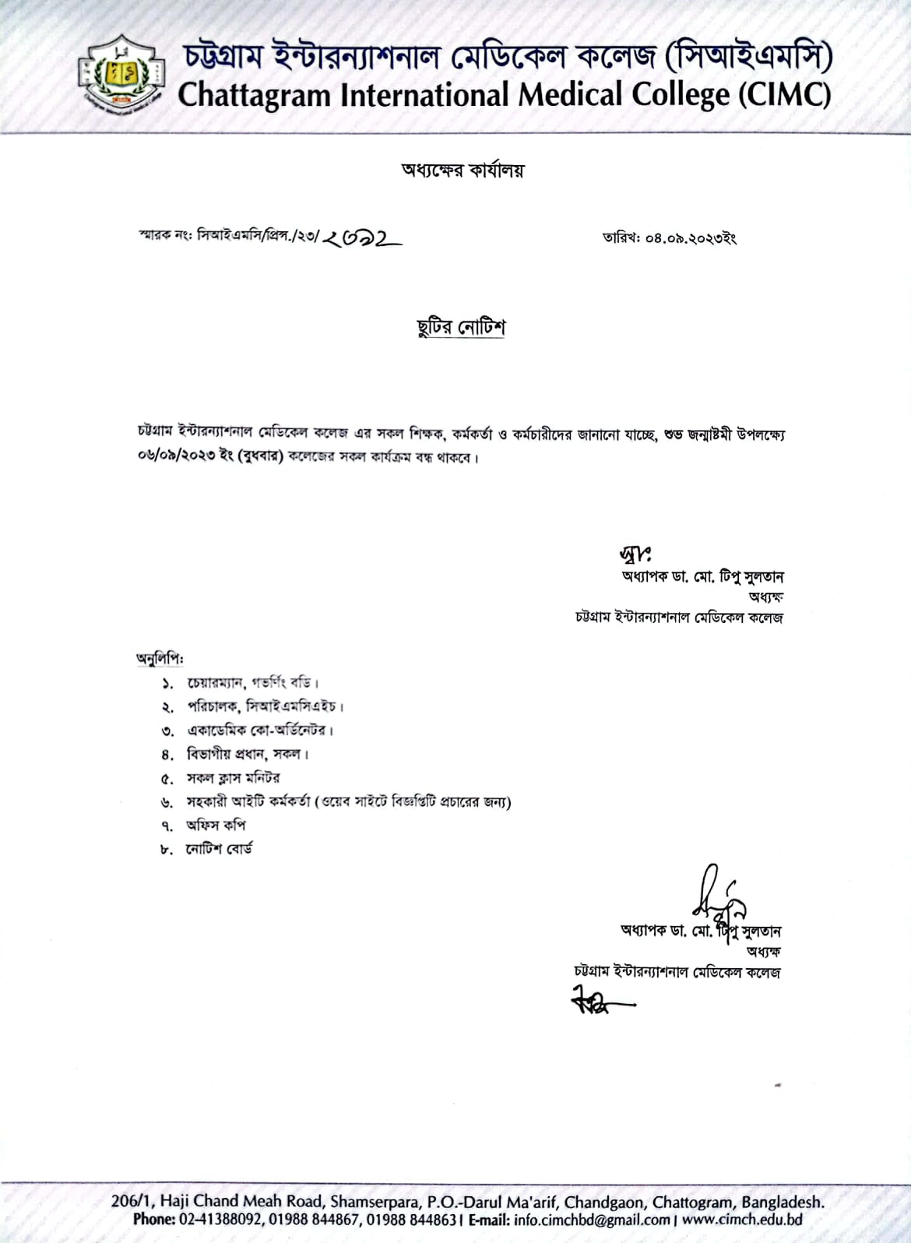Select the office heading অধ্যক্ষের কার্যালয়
tap(463, 170)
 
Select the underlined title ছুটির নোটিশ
tap(461, 327)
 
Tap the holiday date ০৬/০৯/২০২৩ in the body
tap(168, 457)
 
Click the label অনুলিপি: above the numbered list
tap(160, 659)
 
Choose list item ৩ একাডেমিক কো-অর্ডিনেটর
tap(260, 731)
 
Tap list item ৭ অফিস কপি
tap(216, 825)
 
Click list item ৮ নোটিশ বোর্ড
tap(219, 849)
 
